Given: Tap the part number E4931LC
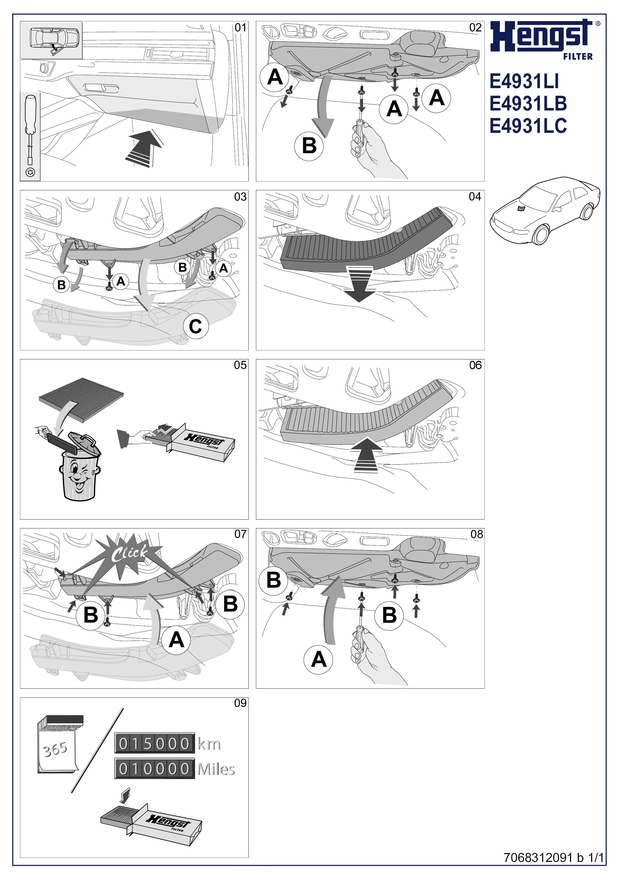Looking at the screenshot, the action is pyautogui.click(x=528, y=126).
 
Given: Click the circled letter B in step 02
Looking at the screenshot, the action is pyautogui.click(x=309, y=146).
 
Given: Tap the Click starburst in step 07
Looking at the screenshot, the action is pyautogui.click(x=129, y=553).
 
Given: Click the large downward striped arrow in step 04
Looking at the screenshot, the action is pyautogui.click(x=359, y=284).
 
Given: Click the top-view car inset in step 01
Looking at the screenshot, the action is pyautogui.click(x=51, y=40).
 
